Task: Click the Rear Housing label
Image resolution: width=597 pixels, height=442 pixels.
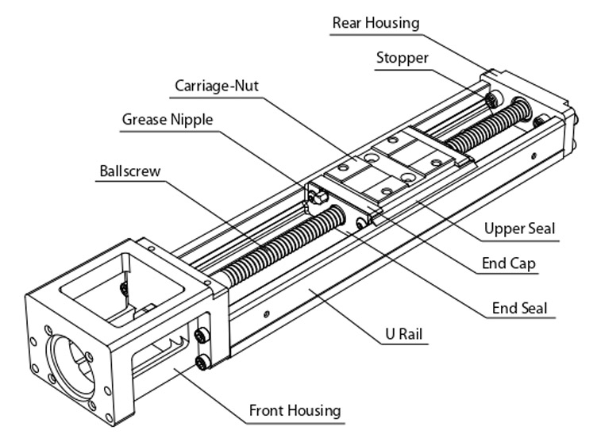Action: point(376,22)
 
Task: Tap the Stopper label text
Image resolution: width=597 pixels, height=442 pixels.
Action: point(402,58)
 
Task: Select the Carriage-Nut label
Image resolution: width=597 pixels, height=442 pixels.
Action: point(218,84)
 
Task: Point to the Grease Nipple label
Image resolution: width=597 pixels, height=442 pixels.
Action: point(168,120)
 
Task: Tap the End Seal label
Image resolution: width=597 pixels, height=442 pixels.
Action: point(519,308)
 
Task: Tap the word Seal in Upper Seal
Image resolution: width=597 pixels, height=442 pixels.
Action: point(539,229)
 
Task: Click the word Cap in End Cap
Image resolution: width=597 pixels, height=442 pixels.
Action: point(523,263)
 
